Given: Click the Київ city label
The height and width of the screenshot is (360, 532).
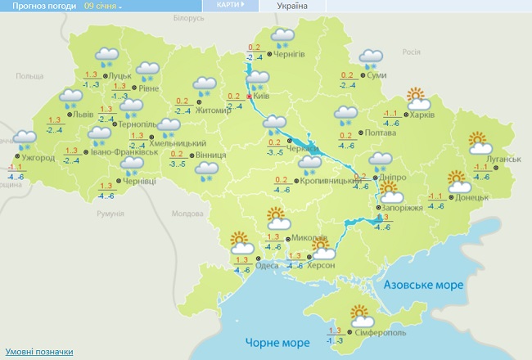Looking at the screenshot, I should coord(263,97).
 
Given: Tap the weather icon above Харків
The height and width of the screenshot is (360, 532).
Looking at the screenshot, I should coord(418,98).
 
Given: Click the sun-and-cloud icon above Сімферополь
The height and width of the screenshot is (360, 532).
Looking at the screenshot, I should coord(358,313).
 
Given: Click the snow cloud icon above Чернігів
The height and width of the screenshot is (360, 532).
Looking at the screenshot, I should coord(283,36).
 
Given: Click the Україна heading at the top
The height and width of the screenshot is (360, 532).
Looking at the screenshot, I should coord(292,6).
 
